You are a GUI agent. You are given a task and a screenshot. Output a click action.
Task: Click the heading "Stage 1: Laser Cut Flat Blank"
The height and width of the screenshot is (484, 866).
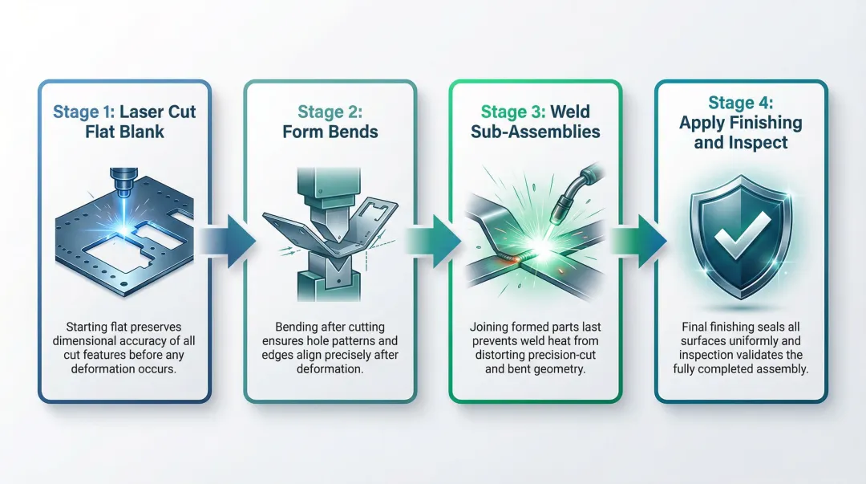[123, 121]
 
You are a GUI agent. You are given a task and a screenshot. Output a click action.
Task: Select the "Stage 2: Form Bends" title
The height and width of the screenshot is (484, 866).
[330, 121]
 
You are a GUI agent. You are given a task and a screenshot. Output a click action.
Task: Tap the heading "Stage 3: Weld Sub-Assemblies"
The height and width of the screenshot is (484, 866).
[535, 121]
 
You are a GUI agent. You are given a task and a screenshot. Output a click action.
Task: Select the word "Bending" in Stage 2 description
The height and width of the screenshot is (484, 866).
[297, 327]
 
